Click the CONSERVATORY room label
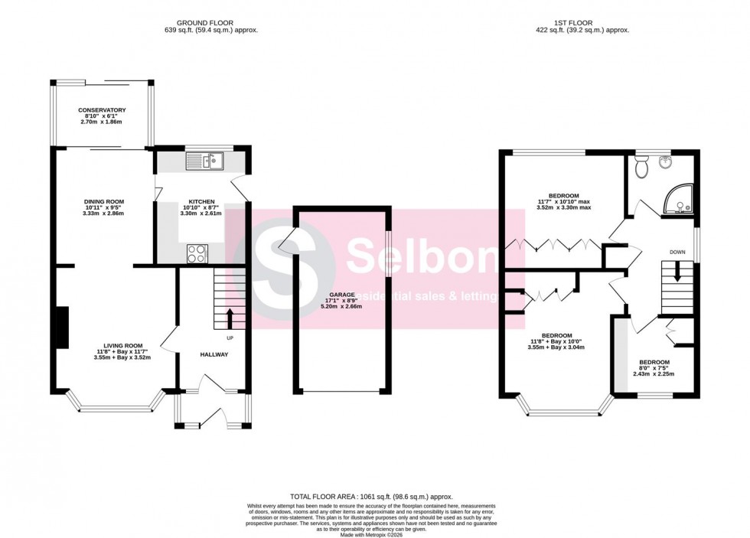pyautogui.click(x=101, y=110)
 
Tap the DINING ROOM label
pyautogui.click(x=104, y=202)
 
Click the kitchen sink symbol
pyautogui.click(x=204, y=160)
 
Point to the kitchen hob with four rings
pyautogui.click(x=196, y=253)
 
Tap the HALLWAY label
pyautogui.click(x=214, y=354)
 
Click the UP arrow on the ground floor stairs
pyautogui.click(x=229, y=317)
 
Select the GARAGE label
pyautogui.click(x=342, y=295)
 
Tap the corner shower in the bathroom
pyautogui.click(x=678, y=199)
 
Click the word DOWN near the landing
pyautogui.click(x=677, y=251)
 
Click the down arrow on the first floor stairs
pyautogui.click(x=677, y=293)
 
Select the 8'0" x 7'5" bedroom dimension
pyautogui.click(x=654, y=369)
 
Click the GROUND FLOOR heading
pyautogui.click(x=204, y=23)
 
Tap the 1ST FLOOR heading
pyautogui.click(x=582, y=23)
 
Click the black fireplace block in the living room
pyautogui.click(x=61, y=328)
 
